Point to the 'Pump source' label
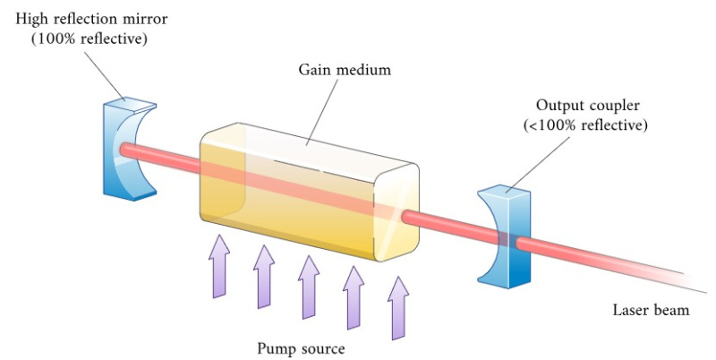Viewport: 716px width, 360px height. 301,347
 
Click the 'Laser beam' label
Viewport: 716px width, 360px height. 651,311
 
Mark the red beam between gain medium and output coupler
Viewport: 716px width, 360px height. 447,224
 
